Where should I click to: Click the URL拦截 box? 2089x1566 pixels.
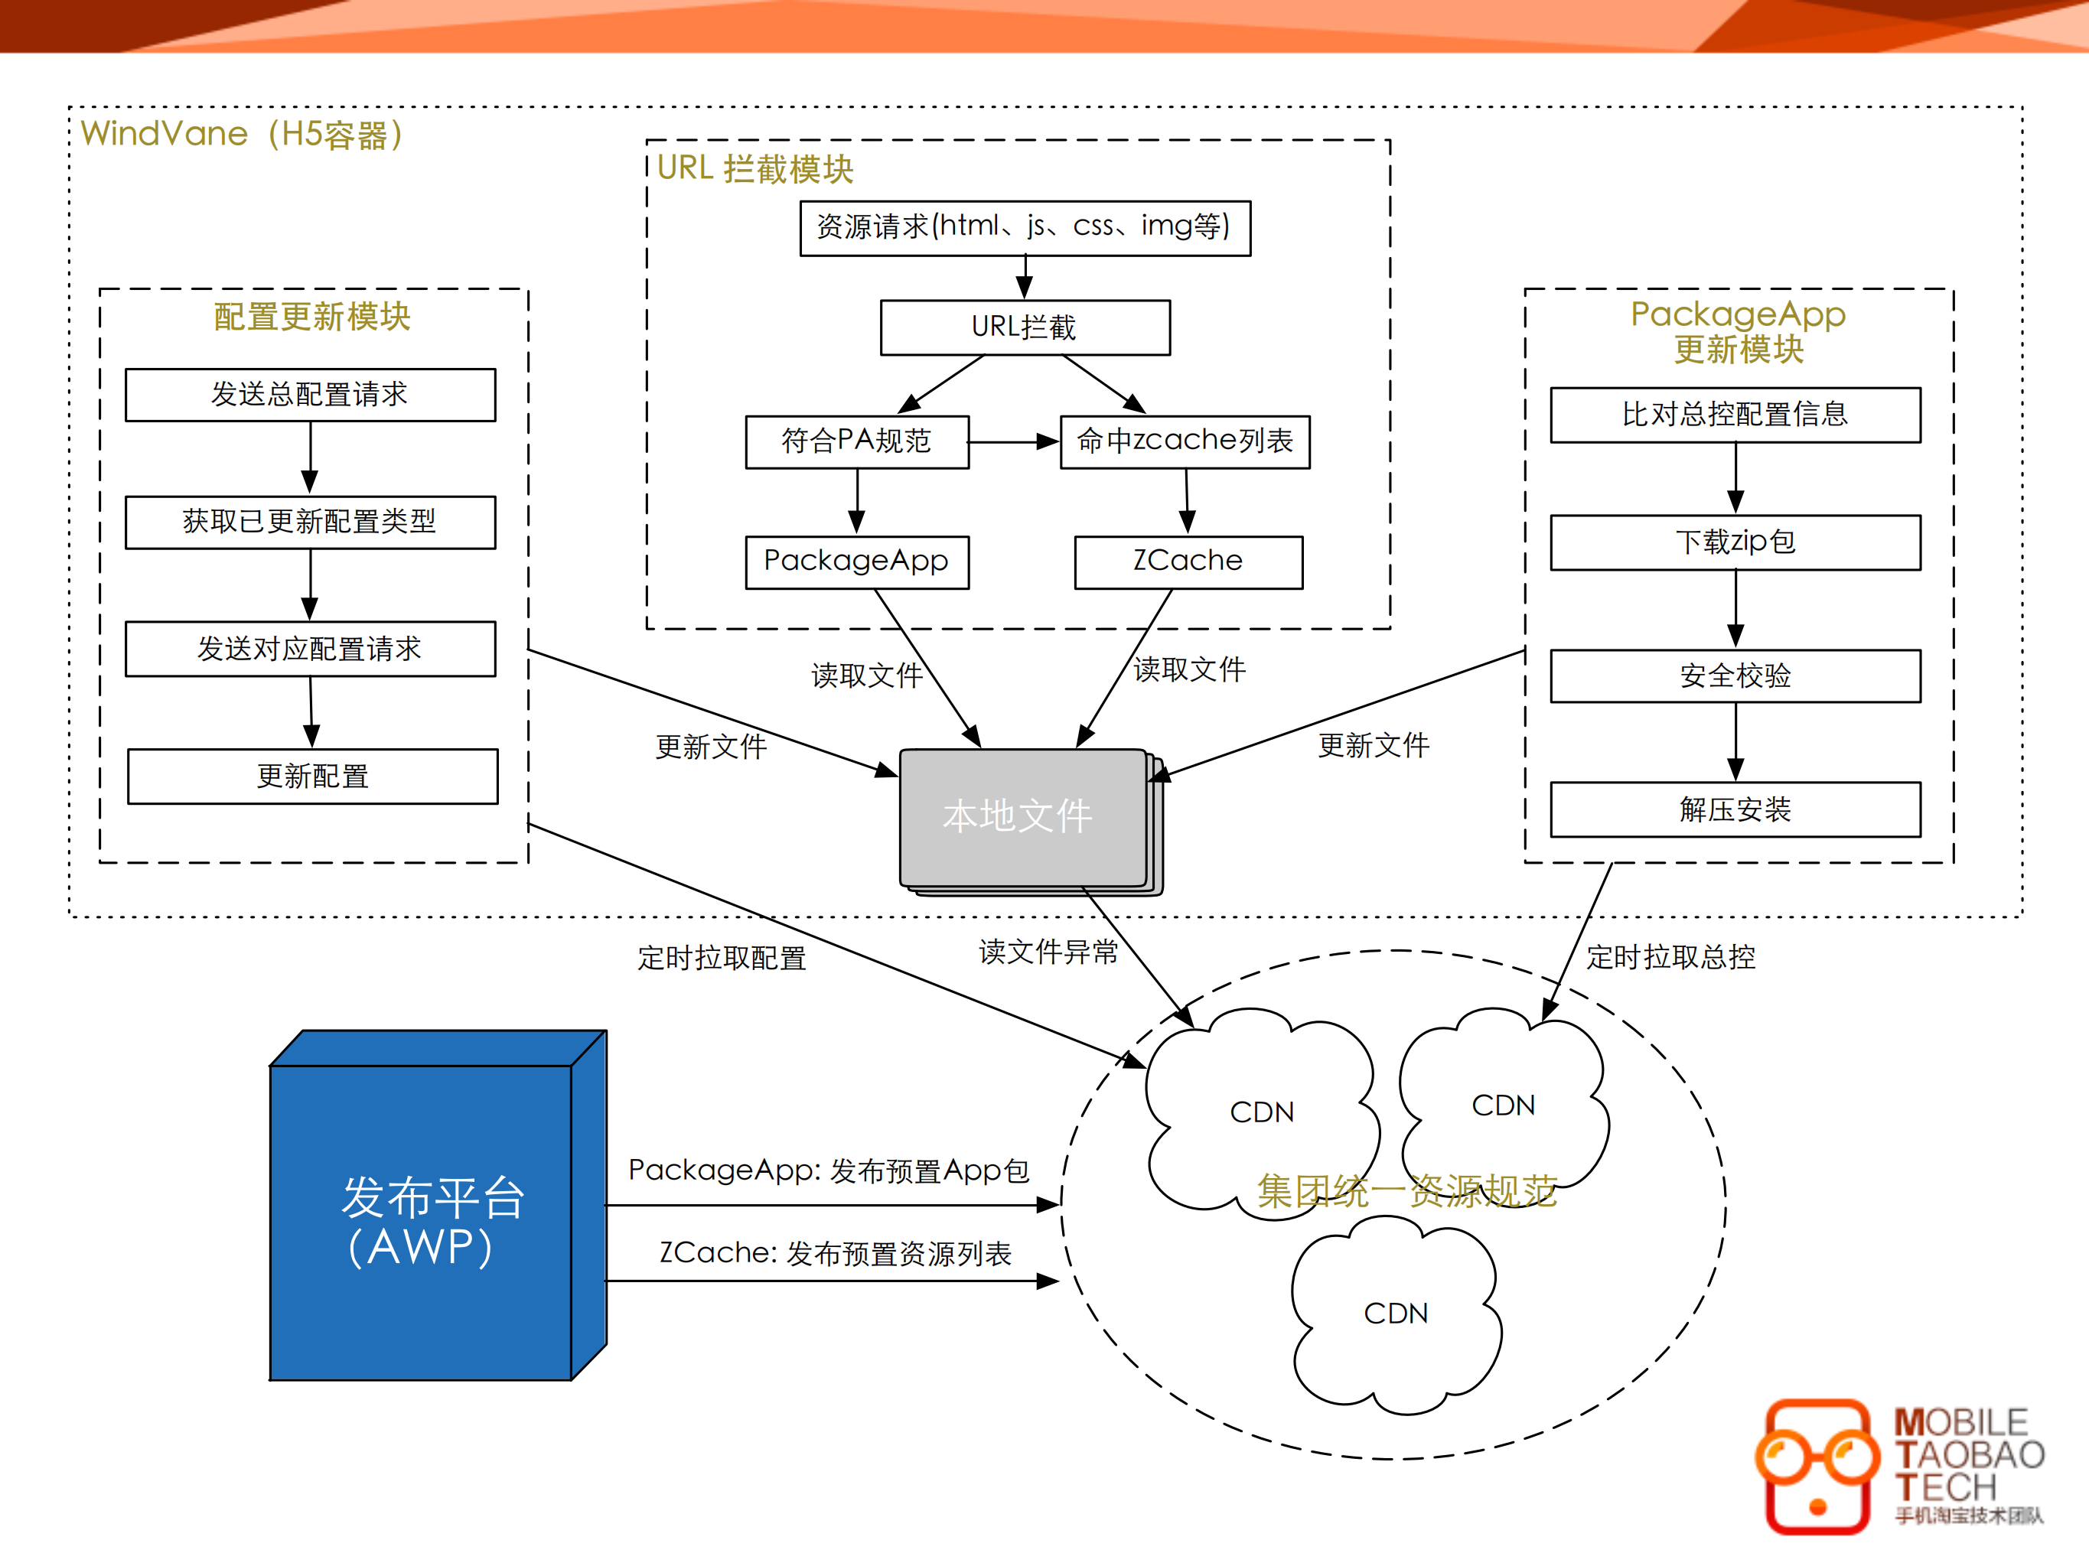pos(1025,327)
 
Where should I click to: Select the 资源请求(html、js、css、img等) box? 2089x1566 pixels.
pos(1025,227)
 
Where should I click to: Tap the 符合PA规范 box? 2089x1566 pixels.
pos(856,441)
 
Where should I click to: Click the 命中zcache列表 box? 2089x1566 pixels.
pos(1185,441)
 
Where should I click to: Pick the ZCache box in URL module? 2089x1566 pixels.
pos(1188,562)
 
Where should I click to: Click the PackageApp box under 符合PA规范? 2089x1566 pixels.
pos(856,562)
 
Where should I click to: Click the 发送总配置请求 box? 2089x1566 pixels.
pos(310,394)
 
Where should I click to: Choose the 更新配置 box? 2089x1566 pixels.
pos(313,776)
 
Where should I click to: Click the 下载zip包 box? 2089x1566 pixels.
pos(1735,542)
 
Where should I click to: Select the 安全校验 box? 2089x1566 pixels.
pos(1735,675)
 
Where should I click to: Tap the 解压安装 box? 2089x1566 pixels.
pos(1735,809)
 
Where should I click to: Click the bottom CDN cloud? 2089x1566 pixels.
pos(1395,1314)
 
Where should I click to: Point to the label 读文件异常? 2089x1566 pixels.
pos(1048,952)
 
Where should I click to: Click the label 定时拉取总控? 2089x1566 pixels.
pos(1670,957)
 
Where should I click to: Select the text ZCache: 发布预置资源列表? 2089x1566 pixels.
pos(835,1254)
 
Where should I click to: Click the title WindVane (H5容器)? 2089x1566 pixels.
pos(242,134)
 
